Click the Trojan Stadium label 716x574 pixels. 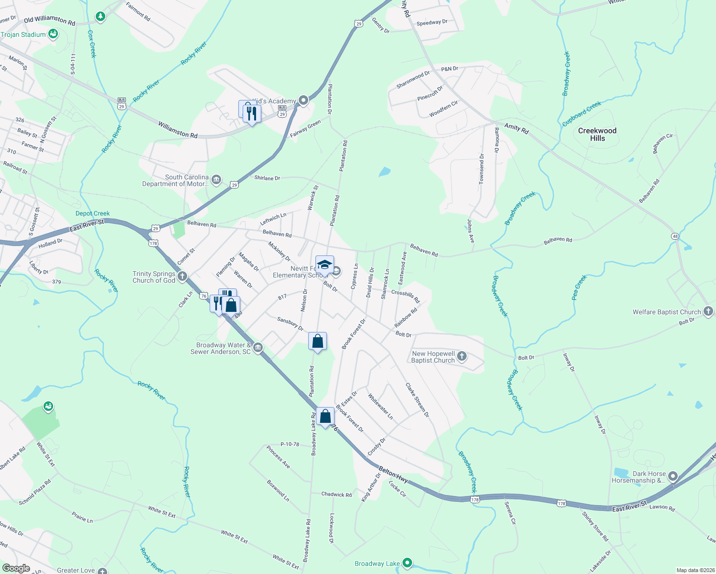tap(23, 34)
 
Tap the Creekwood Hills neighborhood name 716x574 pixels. tap(597, 134)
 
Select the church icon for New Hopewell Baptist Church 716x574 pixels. tap(462, 356)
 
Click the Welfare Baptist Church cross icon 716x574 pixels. tap(708, 311)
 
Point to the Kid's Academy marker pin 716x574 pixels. tap(303, 100)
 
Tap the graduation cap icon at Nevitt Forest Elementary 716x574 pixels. tap(324, 265)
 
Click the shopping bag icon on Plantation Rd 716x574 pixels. tap(317, 342)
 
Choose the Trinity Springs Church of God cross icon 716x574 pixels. tap(182, 276)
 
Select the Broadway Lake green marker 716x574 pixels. tap(407, 563)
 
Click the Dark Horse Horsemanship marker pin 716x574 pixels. tap(673, 476)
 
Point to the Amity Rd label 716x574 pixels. tap(516, 128)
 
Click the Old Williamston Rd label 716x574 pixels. tap(49, 20)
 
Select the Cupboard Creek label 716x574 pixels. tap(582, 114)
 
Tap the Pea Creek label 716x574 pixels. tap(579, 287)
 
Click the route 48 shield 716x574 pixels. tap(675, 236)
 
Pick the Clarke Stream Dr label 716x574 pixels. tap(417, 400)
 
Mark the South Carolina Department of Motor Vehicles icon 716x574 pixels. tap(216, 180)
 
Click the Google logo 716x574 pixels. tap(16, 568)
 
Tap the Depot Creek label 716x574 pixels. tap(92, 213)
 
